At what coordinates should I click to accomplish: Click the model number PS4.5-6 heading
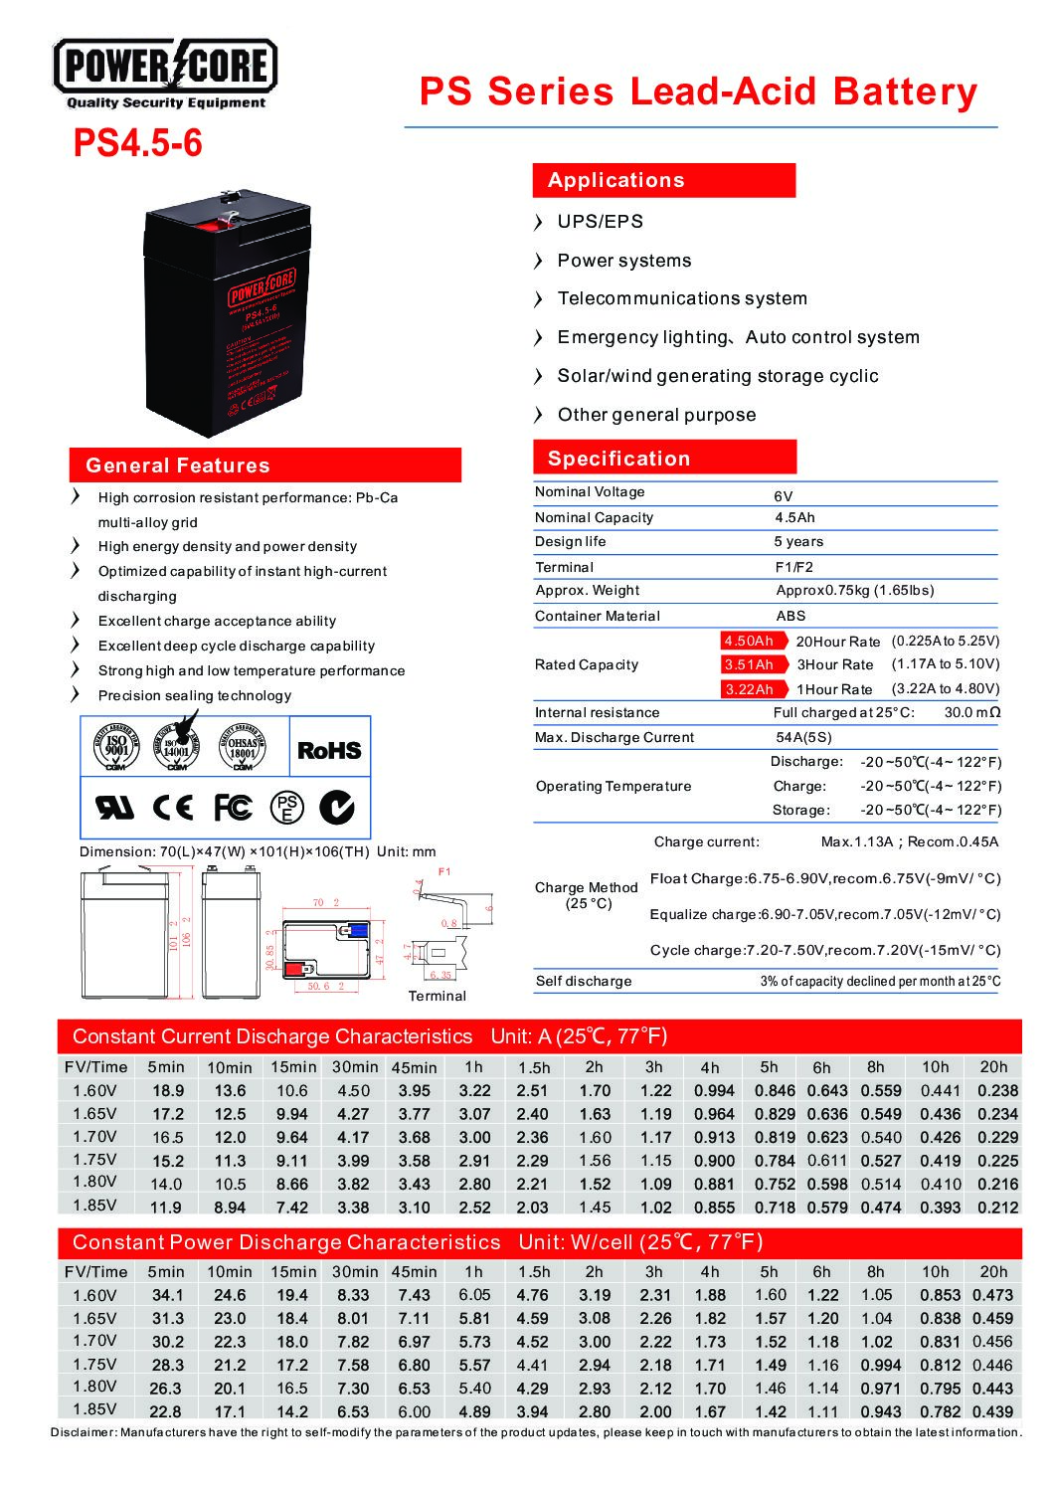coord(137,143)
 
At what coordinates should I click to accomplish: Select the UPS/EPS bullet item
coord(600,221)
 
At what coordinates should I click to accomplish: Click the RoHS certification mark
coord(329,750)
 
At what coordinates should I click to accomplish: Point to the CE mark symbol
coord(173,807)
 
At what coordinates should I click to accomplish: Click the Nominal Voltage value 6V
coord(783,495)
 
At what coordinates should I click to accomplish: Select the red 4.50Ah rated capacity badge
coord(749,641)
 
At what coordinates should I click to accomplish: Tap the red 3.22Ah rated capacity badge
coord(749,688)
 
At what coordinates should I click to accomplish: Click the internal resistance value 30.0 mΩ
coord(971,712)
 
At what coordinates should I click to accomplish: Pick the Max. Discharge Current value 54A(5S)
coord(803,737)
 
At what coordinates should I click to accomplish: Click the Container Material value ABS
coord(790,616)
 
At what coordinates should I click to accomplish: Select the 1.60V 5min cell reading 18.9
coord(167,1090)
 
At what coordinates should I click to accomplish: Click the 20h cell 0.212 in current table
coord(997,1207)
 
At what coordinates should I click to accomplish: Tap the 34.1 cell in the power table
coord(167,1295)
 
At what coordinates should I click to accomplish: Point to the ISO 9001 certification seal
coord(116,749)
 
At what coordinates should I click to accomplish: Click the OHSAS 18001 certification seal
coord(243,749)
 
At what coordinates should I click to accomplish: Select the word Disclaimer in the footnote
coord(84,1432)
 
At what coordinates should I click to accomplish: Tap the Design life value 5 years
coord(798,541)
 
